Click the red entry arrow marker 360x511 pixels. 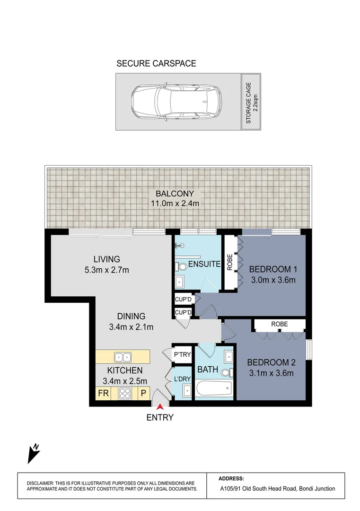point(160,405)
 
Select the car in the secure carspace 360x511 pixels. point(175,102)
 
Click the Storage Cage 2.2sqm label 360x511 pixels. point(252,102)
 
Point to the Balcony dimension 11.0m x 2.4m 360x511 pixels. point(179,203)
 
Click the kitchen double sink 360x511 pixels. point(124,356)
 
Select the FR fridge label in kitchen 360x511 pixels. point(103,393)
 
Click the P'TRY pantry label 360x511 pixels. point(182,354)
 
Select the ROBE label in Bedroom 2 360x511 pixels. point(279,324)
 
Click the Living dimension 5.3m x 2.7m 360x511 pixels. point(106,270)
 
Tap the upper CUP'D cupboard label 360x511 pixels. point(183,299)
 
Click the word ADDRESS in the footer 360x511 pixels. point(232,478)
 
